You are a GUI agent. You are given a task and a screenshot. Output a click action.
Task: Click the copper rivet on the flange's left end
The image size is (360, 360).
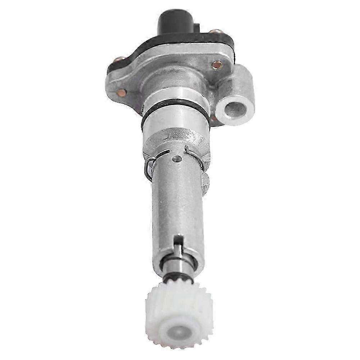pos(122,92)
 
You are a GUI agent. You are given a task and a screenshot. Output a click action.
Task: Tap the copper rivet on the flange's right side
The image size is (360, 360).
pos(217,65)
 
